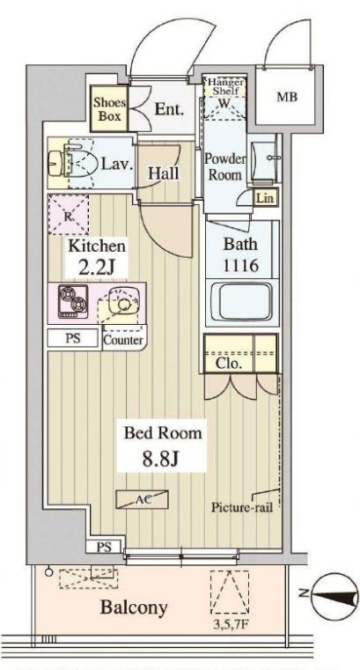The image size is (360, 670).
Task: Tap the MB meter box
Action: pyautogui.click(x=287, y=97)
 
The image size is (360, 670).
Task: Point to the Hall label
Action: pyautogui.click(x=164, y=173)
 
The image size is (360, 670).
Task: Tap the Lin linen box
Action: pyautogui.click(x=264, y=198)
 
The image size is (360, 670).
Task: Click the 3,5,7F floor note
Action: pyautogui.click(x=231, y=625)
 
